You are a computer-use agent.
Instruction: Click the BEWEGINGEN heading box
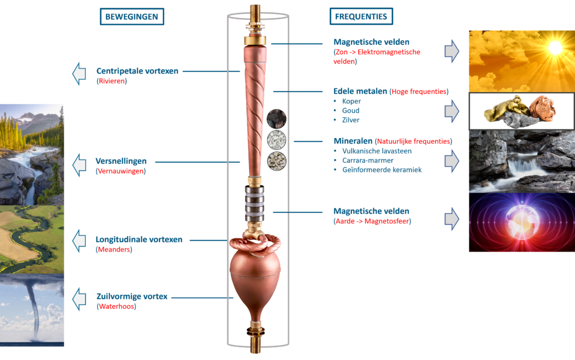132,16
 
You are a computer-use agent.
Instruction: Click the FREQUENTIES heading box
361,16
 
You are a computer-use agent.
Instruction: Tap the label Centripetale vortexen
137,71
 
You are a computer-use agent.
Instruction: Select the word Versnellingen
121,161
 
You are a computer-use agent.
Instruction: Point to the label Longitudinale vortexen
139,239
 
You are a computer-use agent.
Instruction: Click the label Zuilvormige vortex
132,296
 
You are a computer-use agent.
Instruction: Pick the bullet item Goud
350,110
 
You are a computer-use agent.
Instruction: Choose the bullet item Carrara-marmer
368,160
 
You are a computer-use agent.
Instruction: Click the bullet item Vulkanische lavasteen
377,151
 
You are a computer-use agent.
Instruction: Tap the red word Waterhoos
117,307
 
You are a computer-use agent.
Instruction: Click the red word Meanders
114,250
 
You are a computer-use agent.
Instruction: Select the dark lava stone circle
276,119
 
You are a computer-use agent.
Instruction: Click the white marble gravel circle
276,140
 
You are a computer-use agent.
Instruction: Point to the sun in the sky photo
555,47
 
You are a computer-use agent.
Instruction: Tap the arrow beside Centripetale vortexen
79,74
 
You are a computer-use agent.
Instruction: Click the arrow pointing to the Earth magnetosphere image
452,219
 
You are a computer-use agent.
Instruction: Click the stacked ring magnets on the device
254,204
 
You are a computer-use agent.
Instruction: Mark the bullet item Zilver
350,120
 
